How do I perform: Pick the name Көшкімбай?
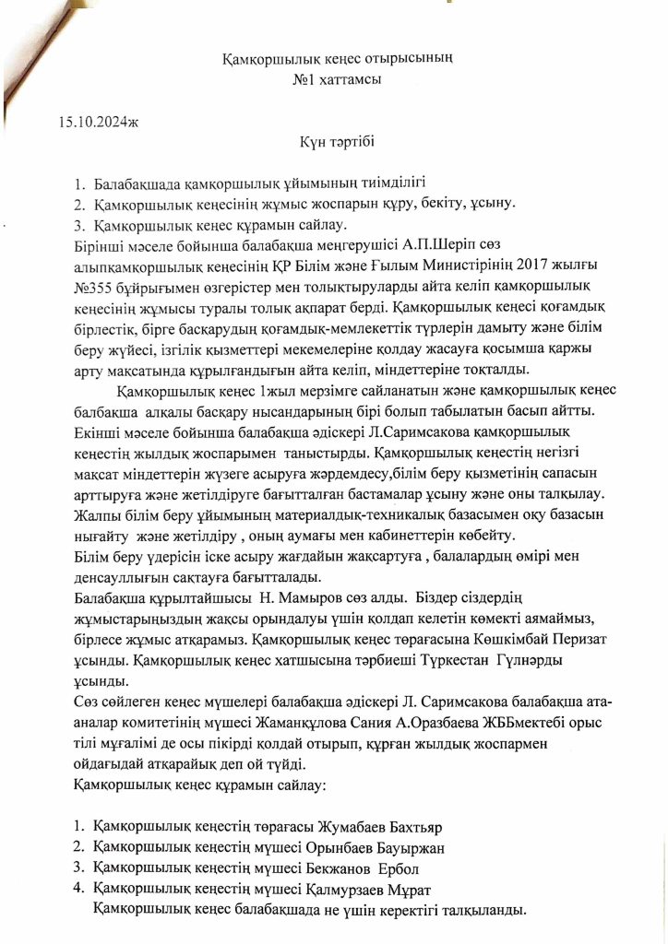click(x=512, y=639)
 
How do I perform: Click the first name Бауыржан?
click(x=415, y=845)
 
